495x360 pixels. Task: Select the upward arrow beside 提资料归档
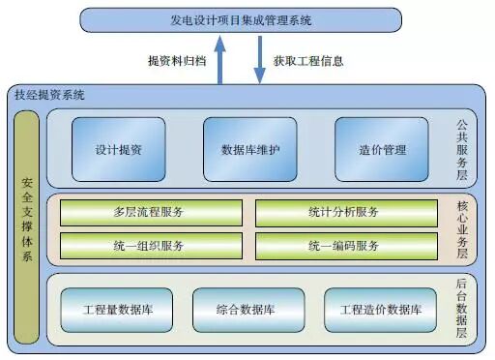pos(220,59)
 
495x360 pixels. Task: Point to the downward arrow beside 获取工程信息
pos(260,60)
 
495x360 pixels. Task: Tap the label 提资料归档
pos(178,60)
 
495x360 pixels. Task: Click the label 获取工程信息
pos(308,60)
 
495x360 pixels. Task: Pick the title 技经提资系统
pos(50,95)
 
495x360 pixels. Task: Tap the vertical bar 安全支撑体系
pos(28,220)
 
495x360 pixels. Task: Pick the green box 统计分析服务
pos(344,212)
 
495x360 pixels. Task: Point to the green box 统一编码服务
pos(344,245)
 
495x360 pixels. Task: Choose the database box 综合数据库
pos(246,311)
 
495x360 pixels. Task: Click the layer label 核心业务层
pos(461,228)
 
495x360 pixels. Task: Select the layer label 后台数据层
pos(461,309)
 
